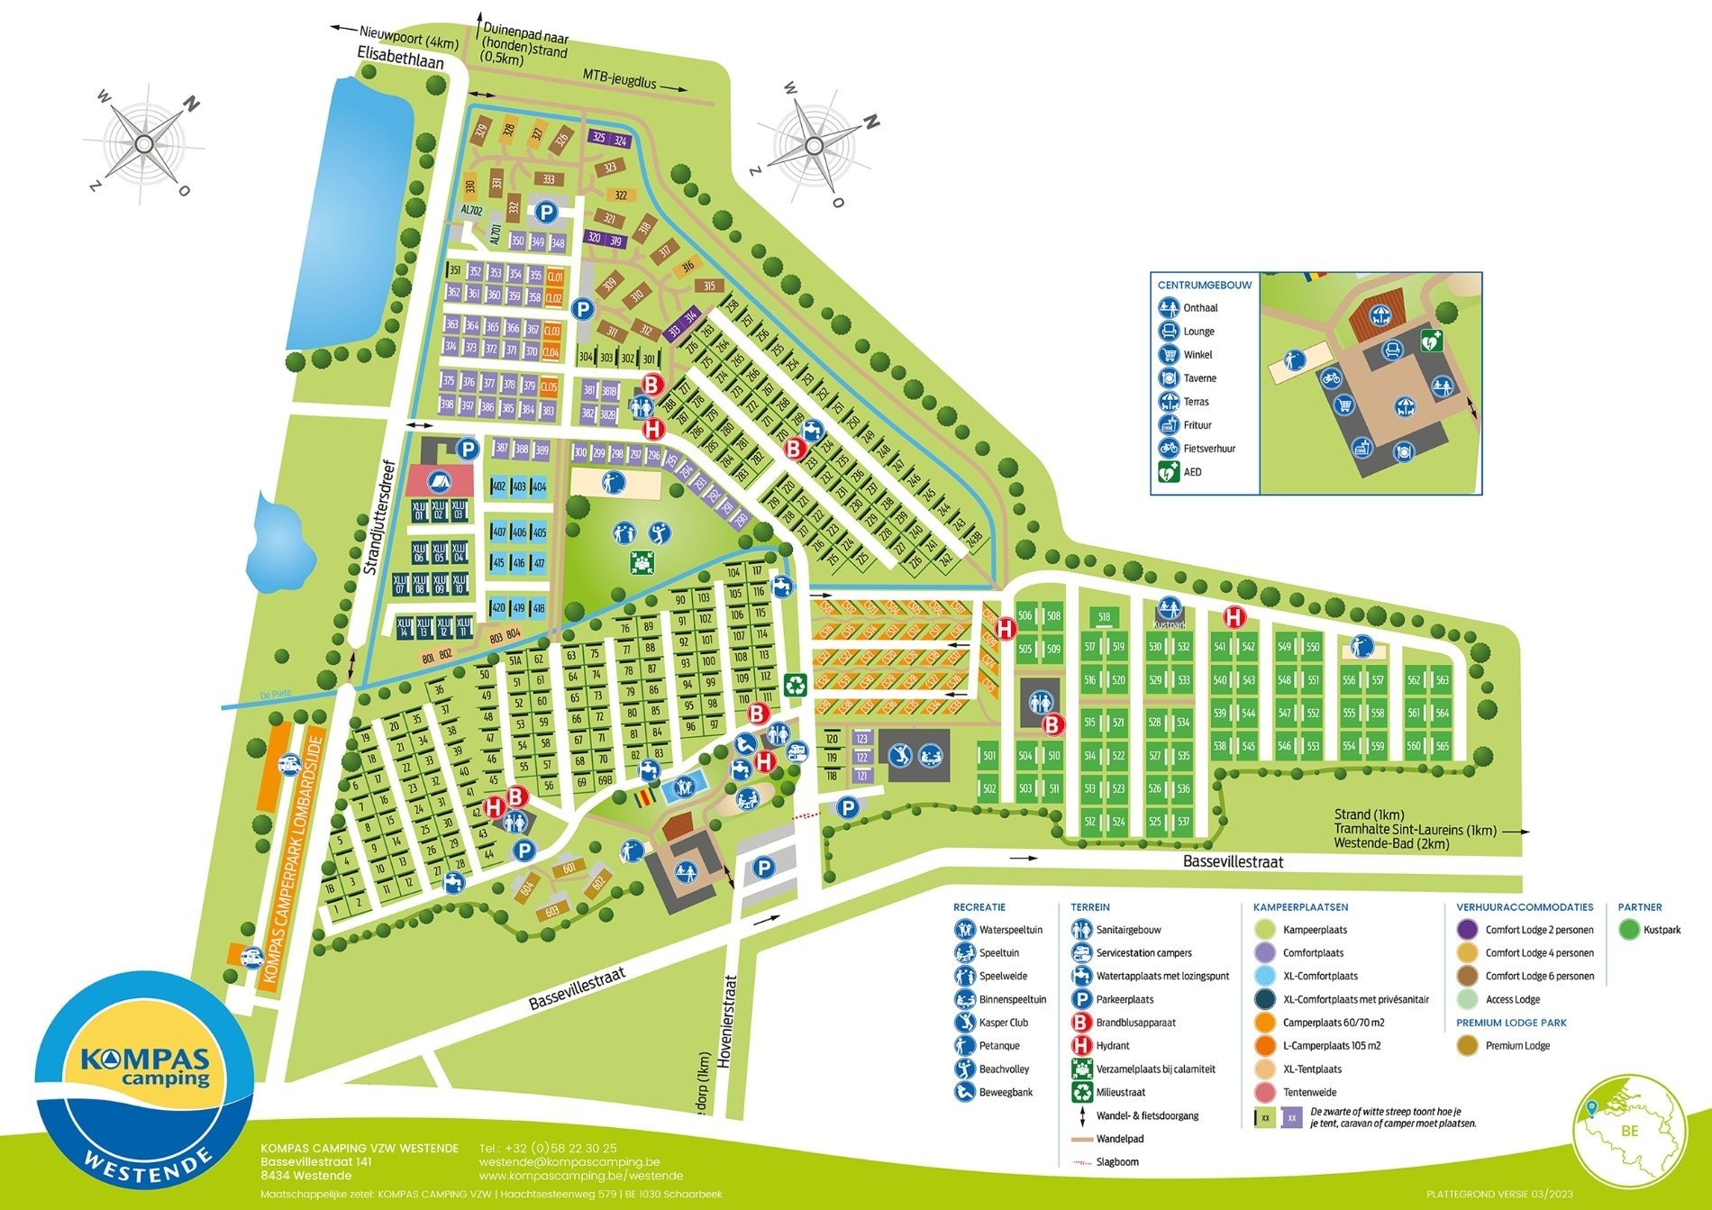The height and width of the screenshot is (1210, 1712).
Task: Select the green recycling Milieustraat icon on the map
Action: click(796, 686)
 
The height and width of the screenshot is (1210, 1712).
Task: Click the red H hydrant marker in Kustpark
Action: click(1234, 617)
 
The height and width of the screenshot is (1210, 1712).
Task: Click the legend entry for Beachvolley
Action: click(1003, 1069)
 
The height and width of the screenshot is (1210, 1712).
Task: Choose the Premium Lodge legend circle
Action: click(1468, 1046)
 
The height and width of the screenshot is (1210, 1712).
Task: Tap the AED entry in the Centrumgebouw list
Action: click(1191, 472)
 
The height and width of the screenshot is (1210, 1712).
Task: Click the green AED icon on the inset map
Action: click(1431, 341)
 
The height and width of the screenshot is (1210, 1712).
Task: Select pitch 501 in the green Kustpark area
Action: click(988, 756)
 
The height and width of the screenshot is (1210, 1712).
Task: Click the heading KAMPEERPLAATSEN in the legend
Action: click(1300, 907)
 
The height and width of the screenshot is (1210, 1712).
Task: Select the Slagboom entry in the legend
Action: click(1116, 1162)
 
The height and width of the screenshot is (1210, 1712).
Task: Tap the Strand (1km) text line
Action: click(1365, 814)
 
